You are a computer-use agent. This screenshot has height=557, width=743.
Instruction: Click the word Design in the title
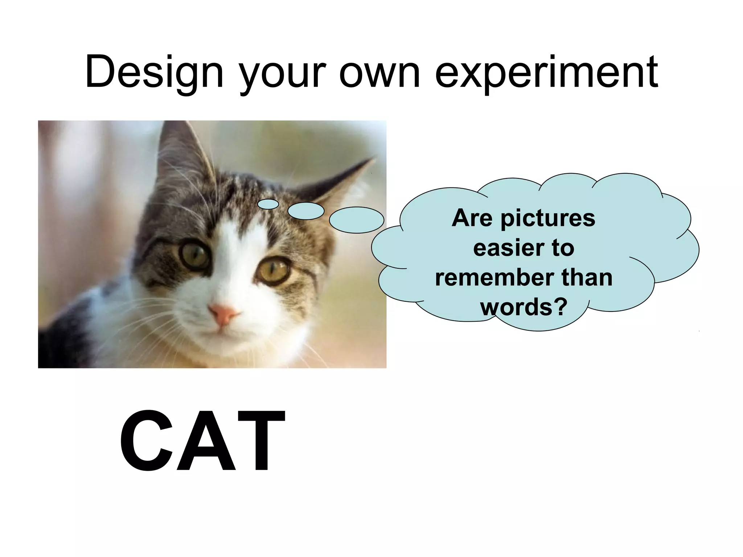pyautogui.click(x=154, y=73)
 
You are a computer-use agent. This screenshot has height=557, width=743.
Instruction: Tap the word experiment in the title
pyautogui.click(x=546, y=73)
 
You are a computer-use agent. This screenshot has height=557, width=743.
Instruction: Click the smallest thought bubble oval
pyautogui.click(x=268, y=204)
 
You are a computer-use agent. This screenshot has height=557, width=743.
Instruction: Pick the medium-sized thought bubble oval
pyautogui.click(x=306, y=211)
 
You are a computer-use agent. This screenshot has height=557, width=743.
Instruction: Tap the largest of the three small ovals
pyautogui.click(x=356, y=220)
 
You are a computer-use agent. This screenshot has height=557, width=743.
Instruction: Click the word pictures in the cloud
pyautogui.click(x=548, y=219)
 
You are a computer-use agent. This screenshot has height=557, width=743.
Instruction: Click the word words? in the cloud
pyautogui.click(x=524, y=307)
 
